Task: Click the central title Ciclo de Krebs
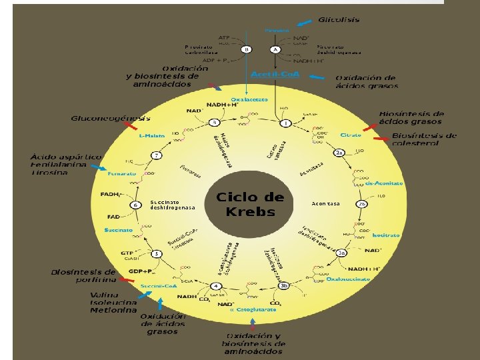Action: [x=250, y=205]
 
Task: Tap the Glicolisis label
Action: [x=338, y=20]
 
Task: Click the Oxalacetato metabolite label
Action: [x=250, y=99]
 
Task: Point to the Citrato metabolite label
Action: [x=351, y=135]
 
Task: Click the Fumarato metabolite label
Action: [x=122, y=174]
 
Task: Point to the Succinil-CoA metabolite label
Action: [x=159, y=286]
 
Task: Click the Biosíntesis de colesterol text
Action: [x=424, y=139]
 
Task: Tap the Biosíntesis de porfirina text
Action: [x=83, y=276]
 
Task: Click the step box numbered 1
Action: [x=286, y=123]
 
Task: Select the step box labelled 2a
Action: [x=339, y=153]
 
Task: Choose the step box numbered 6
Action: [x=135, y=205]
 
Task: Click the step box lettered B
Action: [x=246, y=49]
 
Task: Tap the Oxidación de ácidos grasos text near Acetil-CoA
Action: [x=367, y=82]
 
